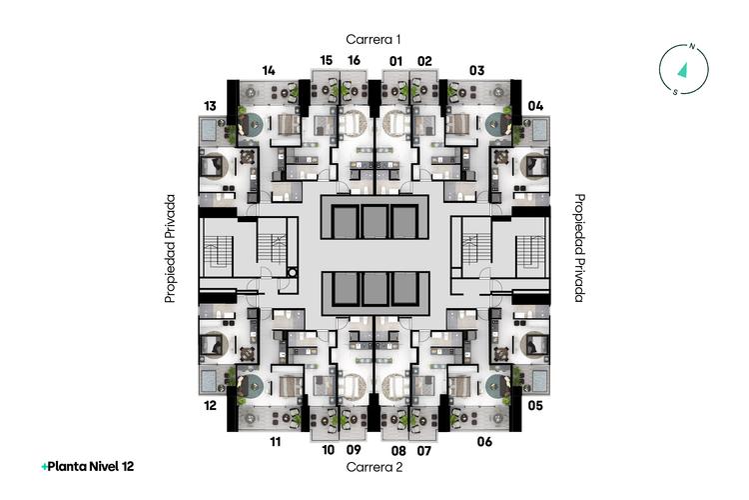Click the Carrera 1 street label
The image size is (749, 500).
[374, 39]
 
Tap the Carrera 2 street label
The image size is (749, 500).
[374, 467]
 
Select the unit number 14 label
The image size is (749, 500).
[269, 71]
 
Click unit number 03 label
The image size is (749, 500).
[476, 71]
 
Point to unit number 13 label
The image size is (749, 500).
[210, 106]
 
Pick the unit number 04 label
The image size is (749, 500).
[535, 106]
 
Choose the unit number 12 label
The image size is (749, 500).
[210, 406]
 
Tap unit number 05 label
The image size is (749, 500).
[535, 406]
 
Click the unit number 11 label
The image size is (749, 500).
[276, 442]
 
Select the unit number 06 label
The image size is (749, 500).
[484, 442]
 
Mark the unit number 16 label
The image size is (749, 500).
[354, 60]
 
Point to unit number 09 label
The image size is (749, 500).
[354, 450]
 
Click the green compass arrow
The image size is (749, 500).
[683, 70]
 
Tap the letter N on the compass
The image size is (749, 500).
[692, 46]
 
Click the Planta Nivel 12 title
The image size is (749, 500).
[88, 467]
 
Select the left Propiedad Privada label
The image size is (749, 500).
[170, 248]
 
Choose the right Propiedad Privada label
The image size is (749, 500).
[579, 248]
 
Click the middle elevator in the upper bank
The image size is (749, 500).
[374, 222]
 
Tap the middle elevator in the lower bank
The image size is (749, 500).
[374, 289]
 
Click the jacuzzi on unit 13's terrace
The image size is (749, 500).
[209, 129]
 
